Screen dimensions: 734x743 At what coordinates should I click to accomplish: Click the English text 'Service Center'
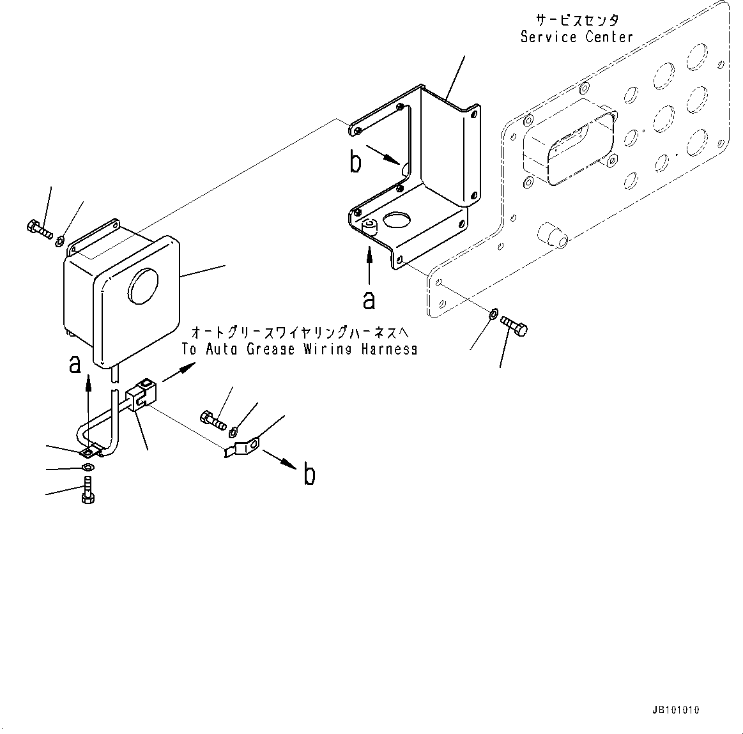[x=576, y=37]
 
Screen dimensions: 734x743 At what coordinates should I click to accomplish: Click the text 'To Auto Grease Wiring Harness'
[x=300, y=349]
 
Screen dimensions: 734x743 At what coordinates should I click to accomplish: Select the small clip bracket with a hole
[x=245, y=445]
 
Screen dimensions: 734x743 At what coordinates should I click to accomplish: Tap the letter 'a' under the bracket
[x=369, y=299]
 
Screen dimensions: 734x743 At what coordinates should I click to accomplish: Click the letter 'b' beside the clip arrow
[x=309, y=475]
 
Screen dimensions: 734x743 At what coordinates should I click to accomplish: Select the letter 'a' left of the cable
[x=75, y=363]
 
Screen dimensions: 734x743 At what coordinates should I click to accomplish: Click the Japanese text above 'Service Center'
[x=576, y=20]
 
